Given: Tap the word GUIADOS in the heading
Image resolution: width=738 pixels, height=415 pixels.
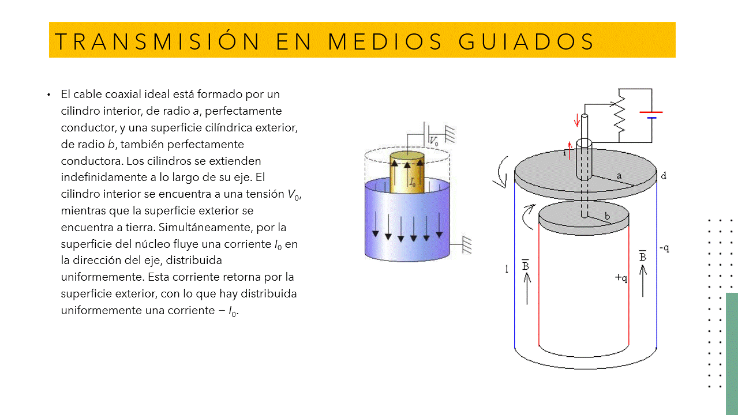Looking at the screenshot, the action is point(526,41).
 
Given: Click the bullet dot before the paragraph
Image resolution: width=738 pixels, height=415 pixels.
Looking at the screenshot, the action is point(49,95).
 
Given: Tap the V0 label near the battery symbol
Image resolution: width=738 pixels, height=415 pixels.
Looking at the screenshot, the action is point(434,141).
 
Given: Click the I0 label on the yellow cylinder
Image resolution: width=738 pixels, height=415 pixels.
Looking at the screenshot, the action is point(413,182).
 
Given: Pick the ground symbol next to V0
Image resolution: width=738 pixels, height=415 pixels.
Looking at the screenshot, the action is point(450,134).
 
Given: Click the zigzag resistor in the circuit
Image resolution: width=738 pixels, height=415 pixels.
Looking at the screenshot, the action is point(620,115).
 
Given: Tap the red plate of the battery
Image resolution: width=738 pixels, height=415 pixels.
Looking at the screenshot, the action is point(651,112).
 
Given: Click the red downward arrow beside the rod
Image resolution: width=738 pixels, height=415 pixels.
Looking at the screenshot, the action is point(576,120).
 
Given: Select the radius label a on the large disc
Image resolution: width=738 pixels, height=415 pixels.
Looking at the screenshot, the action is point(619,176).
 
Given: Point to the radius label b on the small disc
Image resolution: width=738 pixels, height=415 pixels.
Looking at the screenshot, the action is point(607,216).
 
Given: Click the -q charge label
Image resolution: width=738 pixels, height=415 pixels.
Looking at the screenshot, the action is point(664,248).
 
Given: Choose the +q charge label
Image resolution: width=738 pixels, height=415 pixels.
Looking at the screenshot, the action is point(621,278).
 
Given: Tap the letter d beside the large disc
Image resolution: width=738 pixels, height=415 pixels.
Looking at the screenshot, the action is point(664,176).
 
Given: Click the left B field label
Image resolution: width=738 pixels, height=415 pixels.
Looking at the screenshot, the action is point(526,266).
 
